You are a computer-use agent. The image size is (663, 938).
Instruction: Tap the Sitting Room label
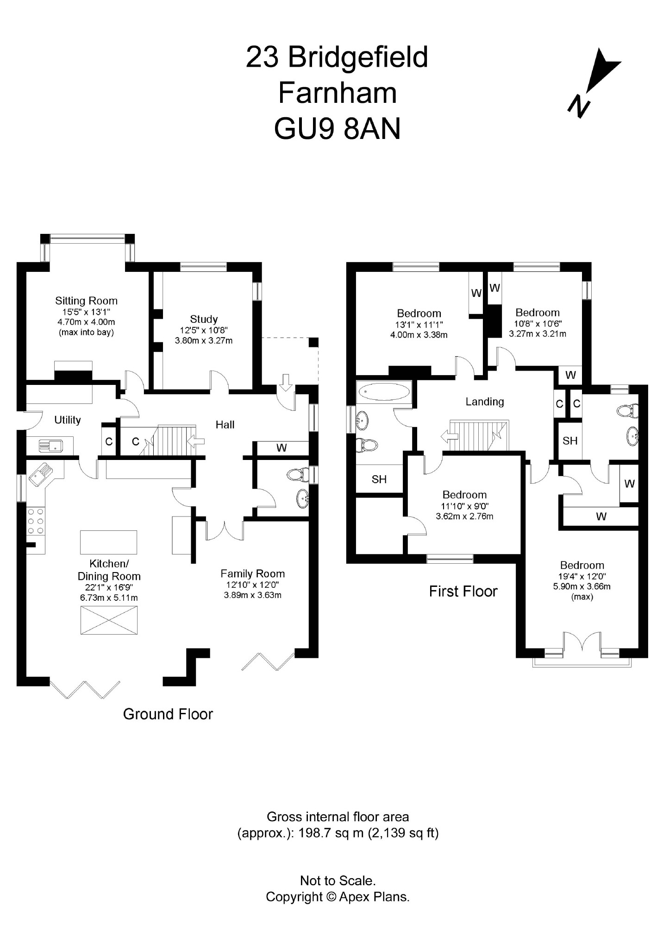tap(86, 301)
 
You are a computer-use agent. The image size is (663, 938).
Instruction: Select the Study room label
tap(204, 319)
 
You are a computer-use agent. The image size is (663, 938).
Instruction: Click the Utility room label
tap(68, 420)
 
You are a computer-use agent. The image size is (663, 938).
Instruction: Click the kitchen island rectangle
tap(108, 542)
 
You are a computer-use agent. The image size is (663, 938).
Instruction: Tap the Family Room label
tap(252, 573)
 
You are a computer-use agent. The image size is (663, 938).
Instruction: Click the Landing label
tap(485, 402)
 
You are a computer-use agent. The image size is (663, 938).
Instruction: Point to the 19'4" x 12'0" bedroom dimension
tap(582, 577)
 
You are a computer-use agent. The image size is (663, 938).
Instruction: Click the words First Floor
tap(463, 592)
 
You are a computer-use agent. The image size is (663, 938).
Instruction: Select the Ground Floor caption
tap(168, 714)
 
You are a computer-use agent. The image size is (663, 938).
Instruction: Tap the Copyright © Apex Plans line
tap(338, 897)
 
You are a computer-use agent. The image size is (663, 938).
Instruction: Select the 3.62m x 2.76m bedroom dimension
tap(464, 516)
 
